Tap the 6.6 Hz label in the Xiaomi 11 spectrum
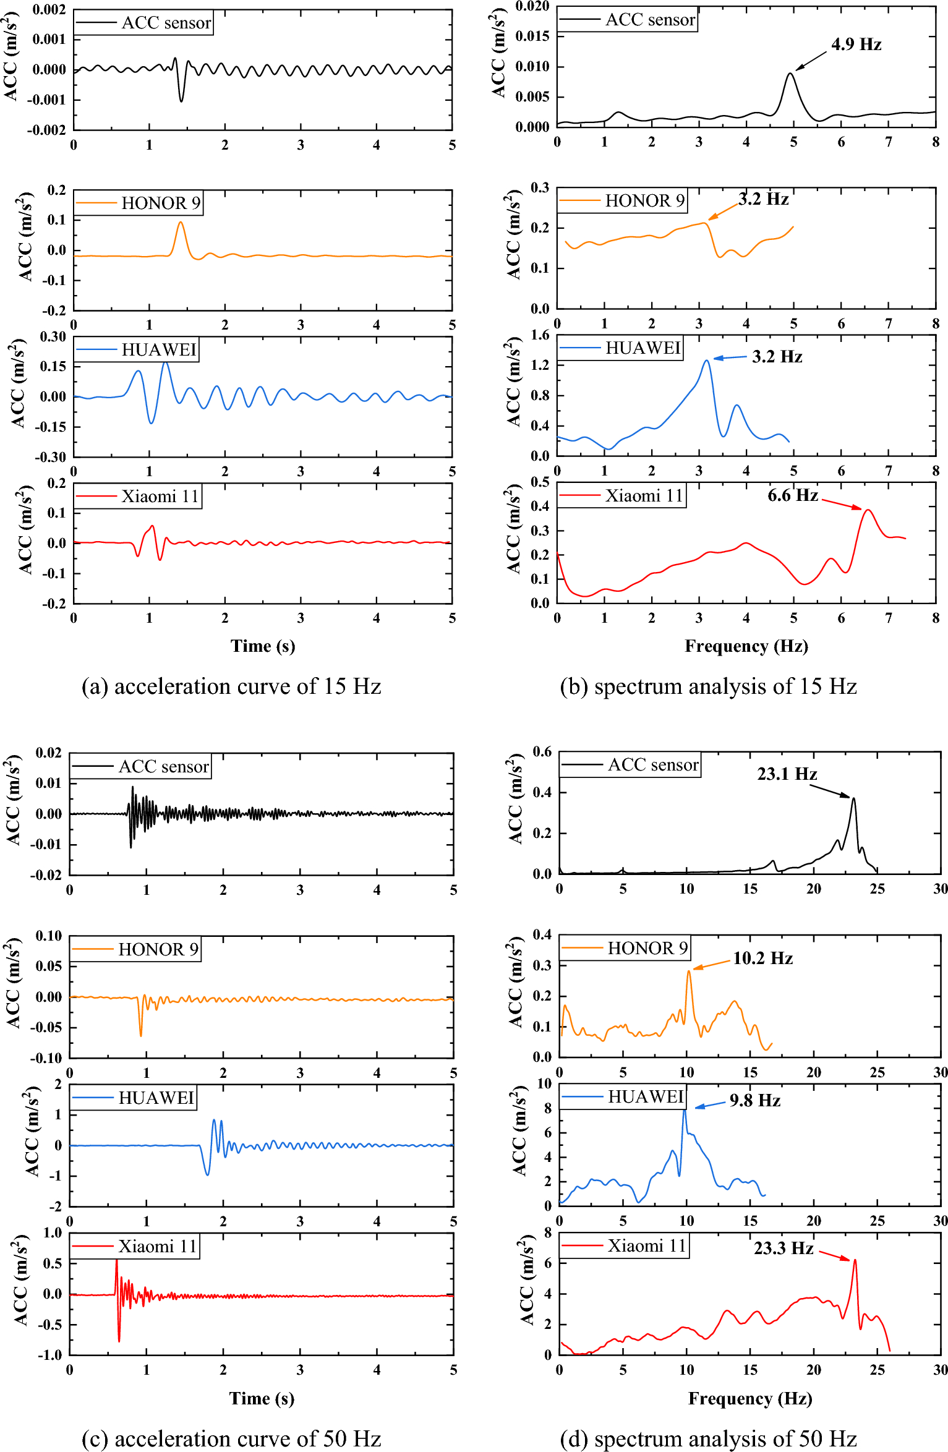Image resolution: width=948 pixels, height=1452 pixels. click(x=792, y=495)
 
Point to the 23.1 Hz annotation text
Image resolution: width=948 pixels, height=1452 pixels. click(x=787, y=774)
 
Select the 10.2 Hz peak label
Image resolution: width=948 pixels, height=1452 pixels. click(x=762, y=958)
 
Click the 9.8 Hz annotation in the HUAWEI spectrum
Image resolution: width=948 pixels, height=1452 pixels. click(x=754, y=1100)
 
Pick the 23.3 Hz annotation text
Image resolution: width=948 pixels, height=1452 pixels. click(x=783, y=1248)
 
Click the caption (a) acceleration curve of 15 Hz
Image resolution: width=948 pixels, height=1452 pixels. click(x=231, y=686)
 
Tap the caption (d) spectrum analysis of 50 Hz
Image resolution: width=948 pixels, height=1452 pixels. click(x=708, y=1438)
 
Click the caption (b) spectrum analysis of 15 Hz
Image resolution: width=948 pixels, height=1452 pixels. click(x=708, y=686)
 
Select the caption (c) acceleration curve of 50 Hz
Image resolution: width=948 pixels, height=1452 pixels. click(x=231, y=1438)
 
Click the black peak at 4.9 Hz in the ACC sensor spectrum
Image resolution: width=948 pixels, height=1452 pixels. click(x=790, y=74)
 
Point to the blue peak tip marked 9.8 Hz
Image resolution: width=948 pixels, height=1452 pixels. click(x=684, y=1111)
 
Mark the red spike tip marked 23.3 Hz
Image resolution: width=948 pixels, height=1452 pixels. click(x=855, y=1260)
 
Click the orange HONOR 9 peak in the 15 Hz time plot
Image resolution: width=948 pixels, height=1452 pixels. click(x=181, y=223)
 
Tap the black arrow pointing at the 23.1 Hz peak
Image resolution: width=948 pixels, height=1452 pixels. click(x=830, y=791)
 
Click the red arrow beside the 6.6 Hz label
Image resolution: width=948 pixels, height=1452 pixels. click(x=842, y=504)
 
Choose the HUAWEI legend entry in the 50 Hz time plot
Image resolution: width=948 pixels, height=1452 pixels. click(x=133, y=1098)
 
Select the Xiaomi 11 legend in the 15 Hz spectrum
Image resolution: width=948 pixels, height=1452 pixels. click(x=622, y=495)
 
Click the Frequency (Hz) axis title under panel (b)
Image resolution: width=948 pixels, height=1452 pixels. click(x=746, y=646)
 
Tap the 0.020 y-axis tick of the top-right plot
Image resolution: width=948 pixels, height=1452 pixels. click(x=532, y=6)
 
